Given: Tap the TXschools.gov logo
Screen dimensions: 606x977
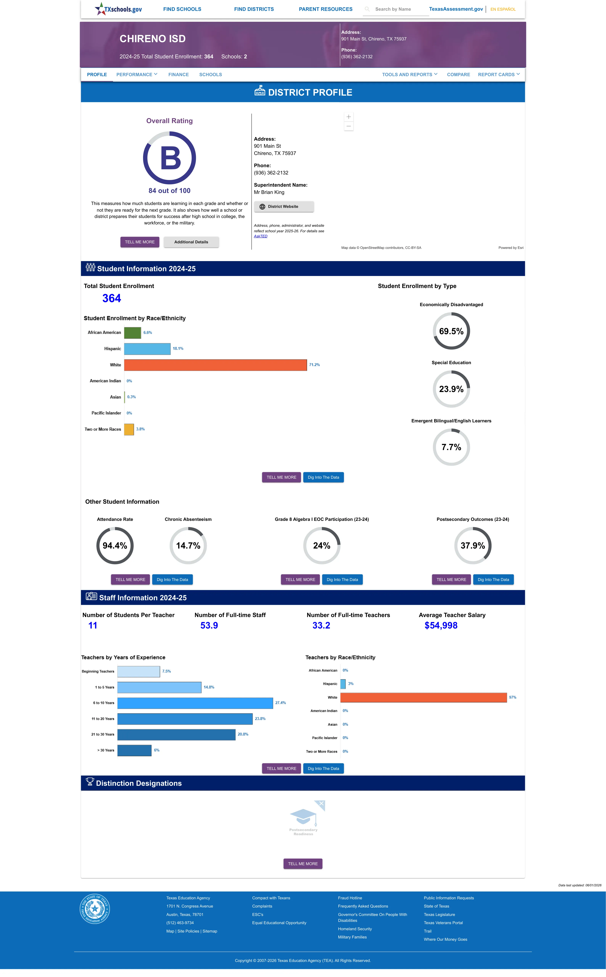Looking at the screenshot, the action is click(x=118, y=9).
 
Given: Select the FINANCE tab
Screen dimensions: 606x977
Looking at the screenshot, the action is click(x=178, y=75).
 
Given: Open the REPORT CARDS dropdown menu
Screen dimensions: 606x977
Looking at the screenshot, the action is click(x=499, y=75).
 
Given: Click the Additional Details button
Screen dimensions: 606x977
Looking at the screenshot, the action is click(x=191, y=242).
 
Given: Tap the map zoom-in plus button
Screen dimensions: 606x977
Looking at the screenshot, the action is click(x=349, y=117).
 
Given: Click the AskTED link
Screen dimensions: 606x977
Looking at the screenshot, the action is click(x=261, y=236).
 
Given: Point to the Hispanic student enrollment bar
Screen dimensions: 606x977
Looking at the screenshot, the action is click(x=147, y=349).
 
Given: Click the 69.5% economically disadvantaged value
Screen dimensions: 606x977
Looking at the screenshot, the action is click(x=451, y=331).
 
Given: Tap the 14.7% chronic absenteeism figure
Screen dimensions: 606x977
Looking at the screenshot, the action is click(x=188, y=546).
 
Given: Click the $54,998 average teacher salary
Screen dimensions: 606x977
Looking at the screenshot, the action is click(x=441, y=625).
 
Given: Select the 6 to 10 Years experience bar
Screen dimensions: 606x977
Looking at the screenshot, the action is click(x=195, y=703).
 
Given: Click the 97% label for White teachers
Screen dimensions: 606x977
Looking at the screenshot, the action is click(x=513, y=698).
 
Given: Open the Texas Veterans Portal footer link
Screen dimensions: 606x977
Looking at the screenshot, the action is click(x=443, y=923).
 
